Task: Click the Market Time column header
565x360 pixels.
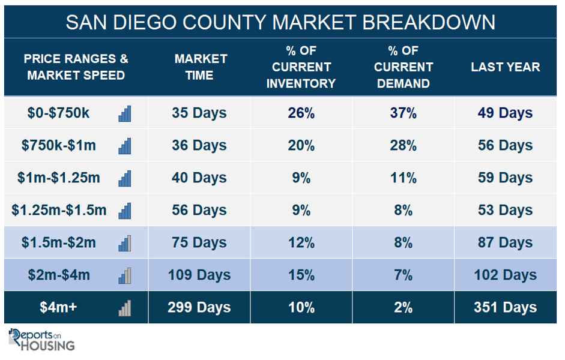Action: click(201, 67)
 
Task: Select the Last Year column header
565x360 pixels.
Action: click(506, 67)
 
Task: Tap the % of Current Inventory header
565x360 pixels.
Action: click(301, 67)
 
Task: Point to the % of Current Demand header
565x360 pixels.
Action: click(403, 67)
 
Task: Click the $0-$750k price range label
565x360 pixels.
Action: click(58, 113)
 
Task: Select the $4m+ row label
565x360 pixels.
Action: click(58, 307)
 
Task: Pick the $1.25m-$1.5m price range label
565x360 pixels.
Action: click(59, 210)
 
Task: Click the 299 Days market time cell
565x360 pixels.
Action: click(199, 308)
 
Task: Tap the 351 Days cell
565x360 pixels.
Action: click(505, 308)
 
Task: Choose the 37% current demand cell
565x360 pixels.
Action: click(403, 113)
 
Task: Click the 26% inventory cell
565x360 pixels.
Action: click(301, 113)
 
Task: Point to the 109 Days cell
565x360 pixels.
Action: click(199, 275)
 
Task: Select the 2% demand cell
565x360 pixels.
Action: click(403, 308)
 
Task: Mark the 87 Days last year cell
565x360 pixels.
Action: click(505, 243)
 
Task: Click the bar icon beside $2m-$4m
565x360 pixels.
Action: click(125, 276)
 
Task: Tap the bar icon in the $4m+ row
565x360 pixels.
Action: click(125, 308)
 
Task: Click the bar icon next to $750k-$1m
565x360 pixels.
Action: click(125, 146)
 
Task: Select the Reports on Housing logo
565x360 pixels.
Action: click(41, 340)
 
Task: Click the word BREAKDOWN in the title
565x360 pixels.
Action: click(429, 22)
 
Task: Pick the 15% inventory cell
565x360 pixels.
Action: click(301, 275)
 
